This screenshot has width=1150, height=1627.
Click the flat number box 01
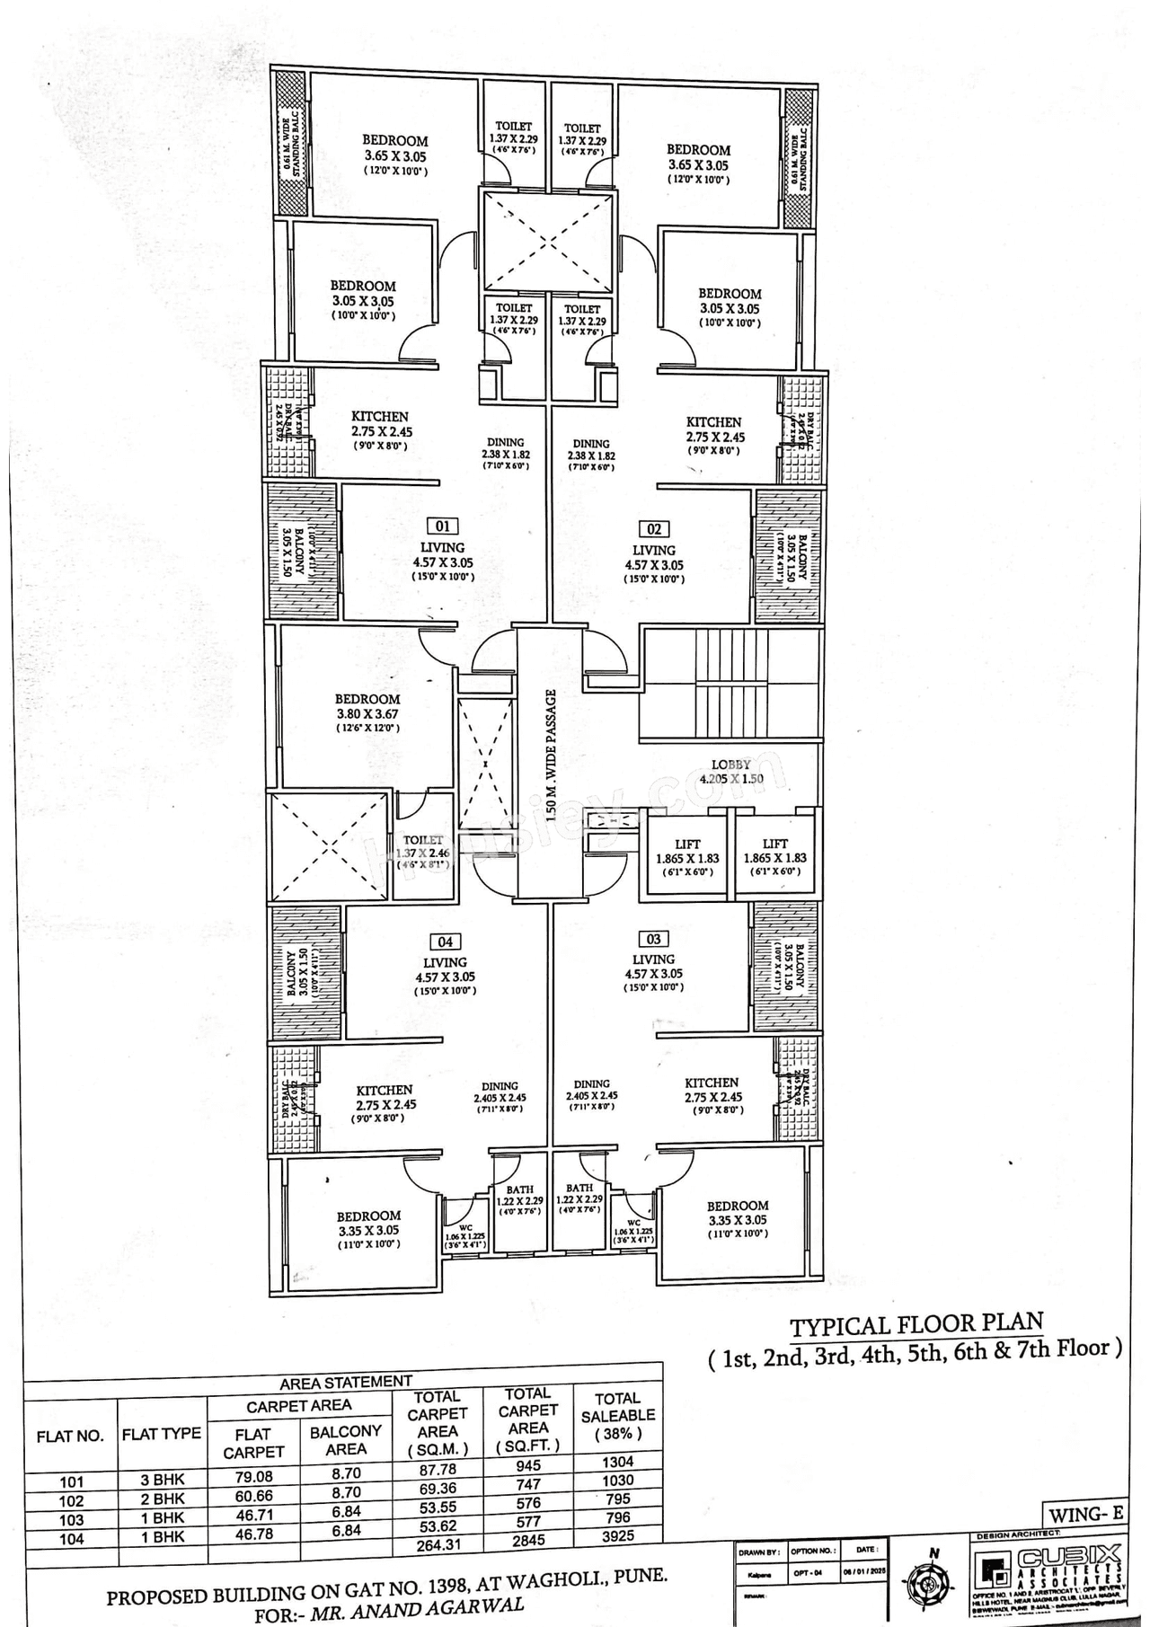coord(442,526)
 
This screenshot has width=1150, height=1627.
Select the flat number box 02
coord(653,529)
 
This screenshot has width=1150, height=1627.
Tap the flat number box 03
coord(653,940)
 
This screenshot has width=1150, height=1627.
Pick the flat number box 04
coord(446,942)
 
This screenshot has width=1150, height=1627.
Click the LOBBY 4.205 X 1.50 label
coord(730,772)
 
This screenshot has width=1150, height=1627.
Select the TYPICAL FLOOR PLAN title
coord(916,1324)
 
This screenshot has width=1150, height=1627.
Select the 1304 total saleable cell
coord(618,1462)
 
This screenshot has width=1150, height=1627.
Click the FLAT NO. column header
coord(70,1436)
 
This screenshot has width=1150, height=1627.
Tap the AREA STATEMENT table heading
coord(346,1382)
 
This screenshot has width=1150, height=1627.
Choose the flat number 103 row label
coord(71,1520)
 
